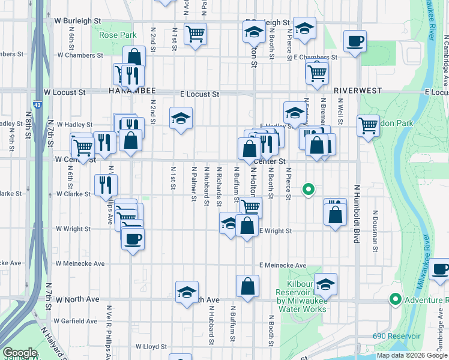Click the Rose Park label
tap(118, 35)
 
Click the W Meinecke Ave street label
tap(80, 263)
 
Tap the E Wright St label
tap(276, 231)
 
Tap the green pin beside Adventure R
tap(395, 298)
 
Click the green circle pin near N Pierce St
tap(309, 190)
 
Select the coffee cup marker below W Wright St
tap(132, 239)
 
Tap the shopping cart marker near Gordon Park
tap(368, 125)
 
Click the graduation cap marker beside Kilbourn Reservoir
tap(326, 284)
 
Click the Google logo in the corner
tap(20, 353)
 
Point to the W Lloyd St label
tap(151, 346)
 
